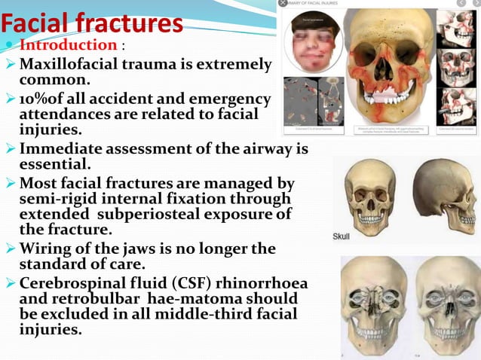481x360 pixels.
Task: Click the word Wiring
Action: coord(50,248)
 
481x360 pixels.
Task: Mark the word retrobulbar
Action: coord(99,299)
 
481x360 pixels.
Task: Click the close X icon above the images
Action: coord(283,4)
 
